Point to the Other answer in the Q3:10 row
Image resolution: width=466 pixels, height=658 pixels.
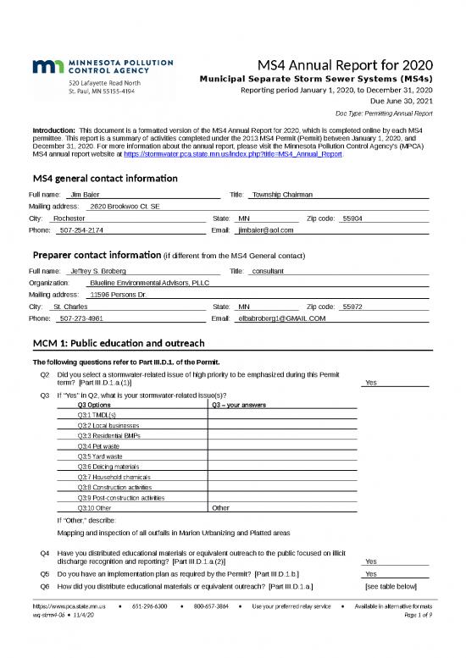[220, 508]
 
